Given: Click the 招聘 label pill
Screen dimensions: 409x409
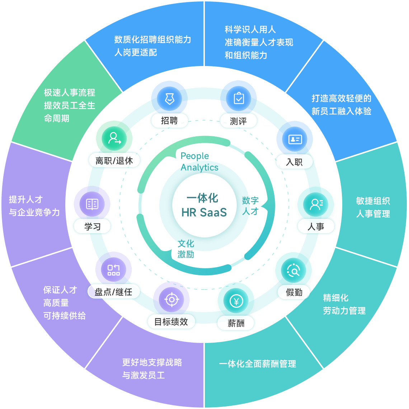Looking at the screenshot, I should pyautogui.click(x=169, y=121).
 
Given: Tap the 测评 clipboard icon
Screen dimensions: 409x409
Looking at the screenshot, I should pyautogui.click(x=239, y=98).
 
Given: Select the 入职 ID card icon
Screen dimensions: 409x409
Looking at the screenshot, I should pyautogui.click(x=295, y=139).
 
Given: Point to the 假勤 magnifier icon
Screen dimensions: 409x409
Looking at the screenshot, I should pyautogui.click(x=293, y=271).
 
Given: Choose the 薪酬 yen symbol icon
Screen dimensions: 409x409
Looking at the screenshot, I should pyautogui.click(x=236, y=301).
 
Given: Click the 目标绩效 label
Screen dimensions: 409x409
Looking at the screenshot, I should pyautogui.click(x=171, y=322).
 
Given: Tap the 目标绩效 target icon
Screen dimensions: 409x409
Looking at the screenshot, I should pyautogui.click(x=171, y=300).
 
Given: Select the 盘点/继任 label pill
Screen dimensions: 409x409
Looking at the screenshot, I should pyautogui.click(x=113, y=292).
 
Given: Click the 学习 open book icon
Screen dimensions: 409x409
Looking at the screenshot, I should pyautogui.click(x=92, y=204).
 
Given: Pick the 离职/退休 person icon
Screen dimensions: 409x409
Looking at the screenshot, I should pyautogui.click(x=114, y=138).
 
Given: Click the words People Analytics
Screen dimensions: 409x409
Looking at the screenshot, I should pyautogui.click(x=199, y=161).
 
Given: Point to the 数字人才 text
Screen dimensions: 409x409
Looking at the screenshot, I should pyautogui.click(x=250, y=206).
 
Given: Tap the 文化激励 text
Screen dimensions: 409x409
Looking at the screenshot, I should pyautogui.click(x=186, y=249).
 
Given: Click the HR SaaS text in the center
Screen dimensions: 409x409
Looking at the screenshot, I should pyautogui.click(x=204, y=212).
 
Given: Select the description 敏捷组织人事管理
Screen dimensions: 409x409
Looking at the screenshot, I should pyautogui.click(x=373, y=207).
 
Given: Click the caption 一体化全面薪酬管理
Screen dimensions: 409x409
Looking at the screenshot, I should pyautogui.click(x=257, y=364).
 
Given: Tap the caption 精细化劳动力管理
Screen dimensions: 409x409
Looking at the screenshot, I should pyautogui.click(x=344, y=304).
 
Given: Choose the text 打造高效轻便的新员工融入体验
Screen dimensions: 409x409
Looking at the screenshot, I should pyautogui.click(x=341, y=105).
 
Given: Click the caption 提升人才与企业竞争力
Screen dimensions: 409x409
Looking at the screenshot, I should pyautogui.click(x=34, y=206).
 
